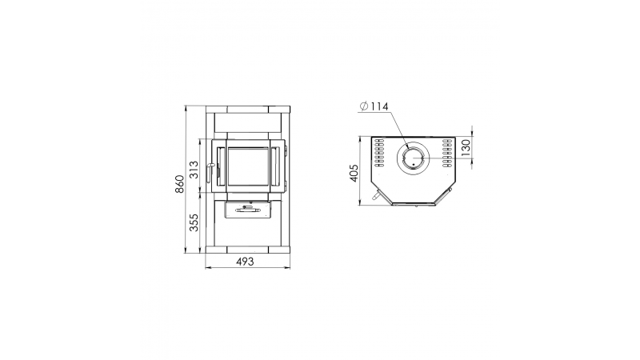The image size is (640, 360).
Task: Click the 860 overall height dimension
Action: pyautogui.click(x=180, y=185)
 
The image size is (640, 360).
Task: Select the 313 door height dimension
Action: pyautogui.click(x=194, y=170)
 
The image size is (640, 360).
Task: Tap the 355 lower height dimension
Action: pyautogui.click(x=194, y=222)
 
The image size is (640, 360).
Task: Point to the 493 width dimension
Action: pyautogui.click(x=245, y=262)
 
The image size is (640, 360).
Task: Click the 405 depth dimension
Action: pyautogui.click(x=354, y=173)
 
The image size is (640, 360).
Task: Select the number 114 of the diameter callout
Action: pyautogui.click(x=380, y=106)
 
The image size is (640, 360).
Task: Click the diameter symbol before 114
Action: pyautogui.click(x=364, y=106)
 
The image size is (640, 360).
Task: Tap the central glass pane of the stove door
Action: pyautogui.click(x=248, y=166)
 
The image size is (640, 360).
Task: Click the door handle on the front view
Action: pyautogui.click(x=210, y=172)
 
